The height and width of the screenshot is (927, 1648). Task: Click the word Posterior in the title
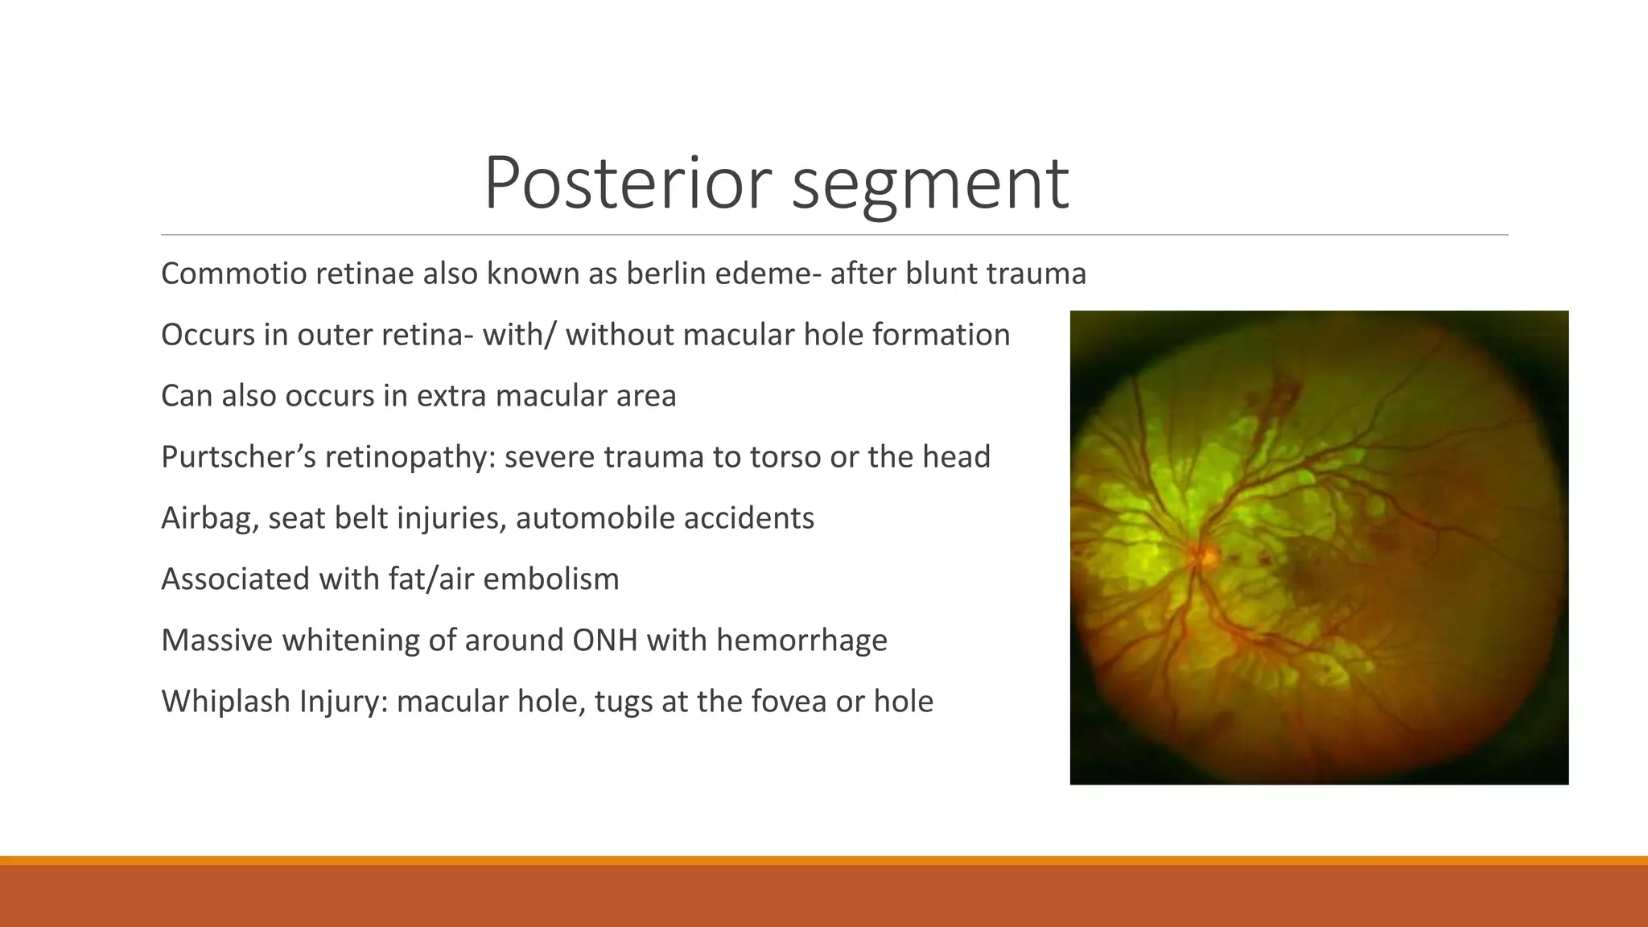628,183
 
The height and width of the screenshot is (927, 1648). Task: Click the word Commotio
233,274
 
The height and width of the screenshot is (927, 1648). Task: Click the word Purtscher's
238,457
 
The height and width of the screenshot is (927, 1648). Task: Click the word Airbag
209,518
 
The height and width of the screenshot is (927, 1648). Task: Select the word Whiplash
226,702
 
